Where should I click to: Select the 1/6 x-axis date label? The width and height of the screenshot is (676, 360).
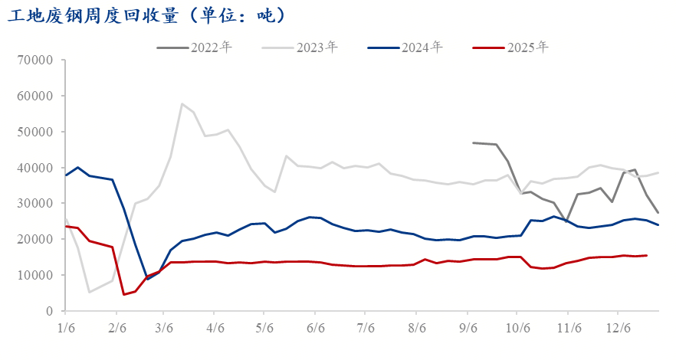point(66,327)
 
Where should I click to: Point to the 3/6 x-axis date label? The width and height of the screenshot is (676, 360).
point(165,327)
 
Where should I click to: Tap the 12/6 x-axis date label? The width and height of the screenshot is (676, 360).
point(618,327)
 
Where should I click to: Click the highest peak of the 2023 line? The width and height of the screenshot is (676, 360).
point(182,104)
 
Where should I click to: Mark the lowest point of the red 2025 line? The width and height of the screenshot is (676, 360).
point(124,294)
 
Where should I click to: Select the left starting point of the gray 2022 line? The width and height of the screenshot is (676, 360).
point(473,142)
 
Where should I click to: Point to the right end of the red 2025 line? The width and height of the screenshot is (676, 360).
point(647,255)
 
